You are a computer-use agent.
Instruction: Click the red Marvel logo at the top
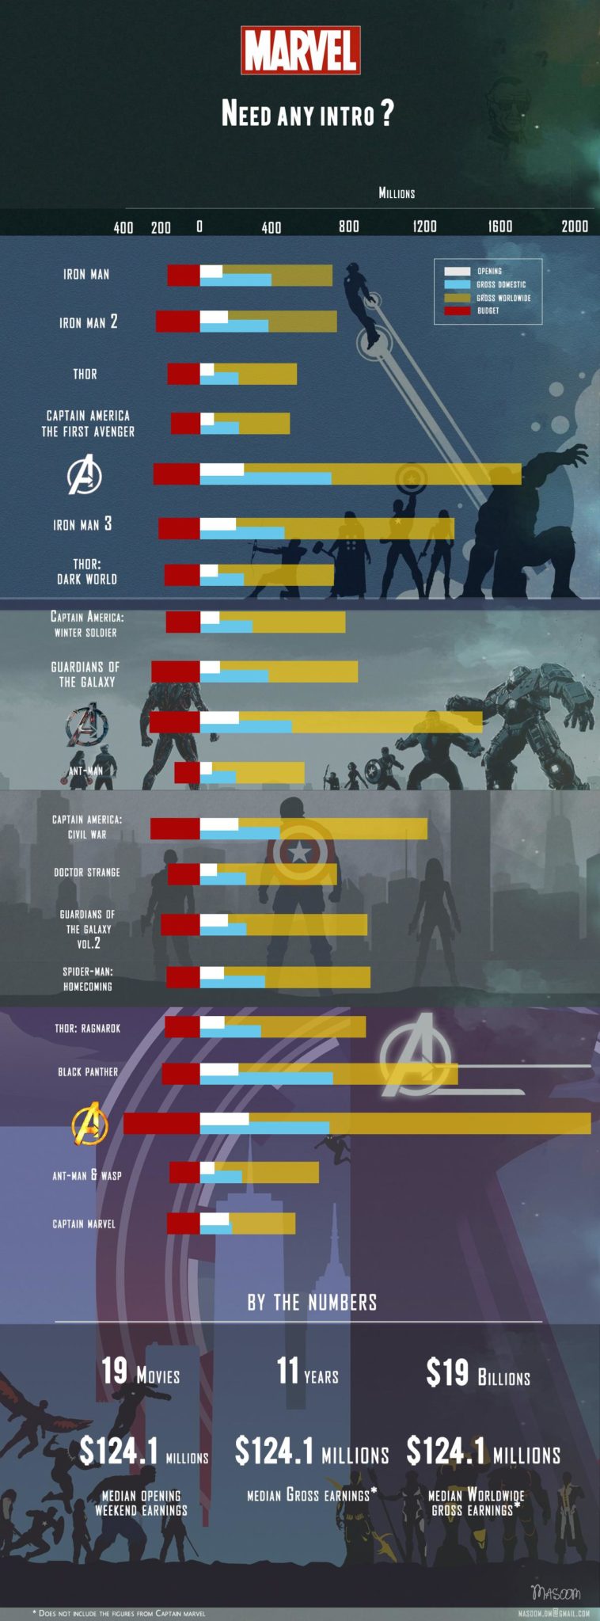pos(301,51)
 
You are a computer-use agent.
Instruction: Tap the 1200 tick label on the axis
pos(424,226)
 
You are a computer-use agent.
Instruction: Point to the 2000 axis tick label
pos(575,226)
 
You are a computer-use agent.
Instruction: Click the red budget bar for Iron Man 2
pos(178,322)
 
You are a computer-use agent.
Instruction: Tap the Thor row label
pos(85,374)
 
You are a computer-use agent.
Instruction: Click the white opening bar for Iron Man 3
pos(218,523)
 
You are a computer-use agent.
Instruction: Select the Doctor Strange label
pos(87,872)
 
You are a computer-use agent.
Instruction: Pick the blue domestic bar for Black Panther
pos(285,1079)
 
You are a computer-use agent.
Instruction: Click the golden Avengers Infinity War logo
pos(89,1124)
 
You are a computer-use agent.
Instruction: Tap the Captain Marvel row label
pos(84,1223)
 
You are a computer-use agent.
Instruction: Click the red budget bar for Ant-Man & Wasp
pos(184,1173)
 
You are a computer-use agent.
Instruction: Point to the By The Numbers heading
pos(312,1303)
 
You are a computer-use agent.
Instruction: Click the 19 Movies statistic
pos(140,1372)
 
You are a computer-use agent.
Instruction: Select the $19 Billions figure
pos(477,1373)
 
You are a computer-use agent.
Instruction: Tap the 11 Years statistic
pos(307,1372)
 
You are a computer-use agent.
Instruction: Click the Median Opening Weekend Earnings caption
pos(142,1503)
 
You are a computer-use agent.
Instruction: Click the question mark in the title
pos(386,113)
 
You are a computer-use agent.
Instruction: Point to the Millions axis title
pos(397,193)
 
